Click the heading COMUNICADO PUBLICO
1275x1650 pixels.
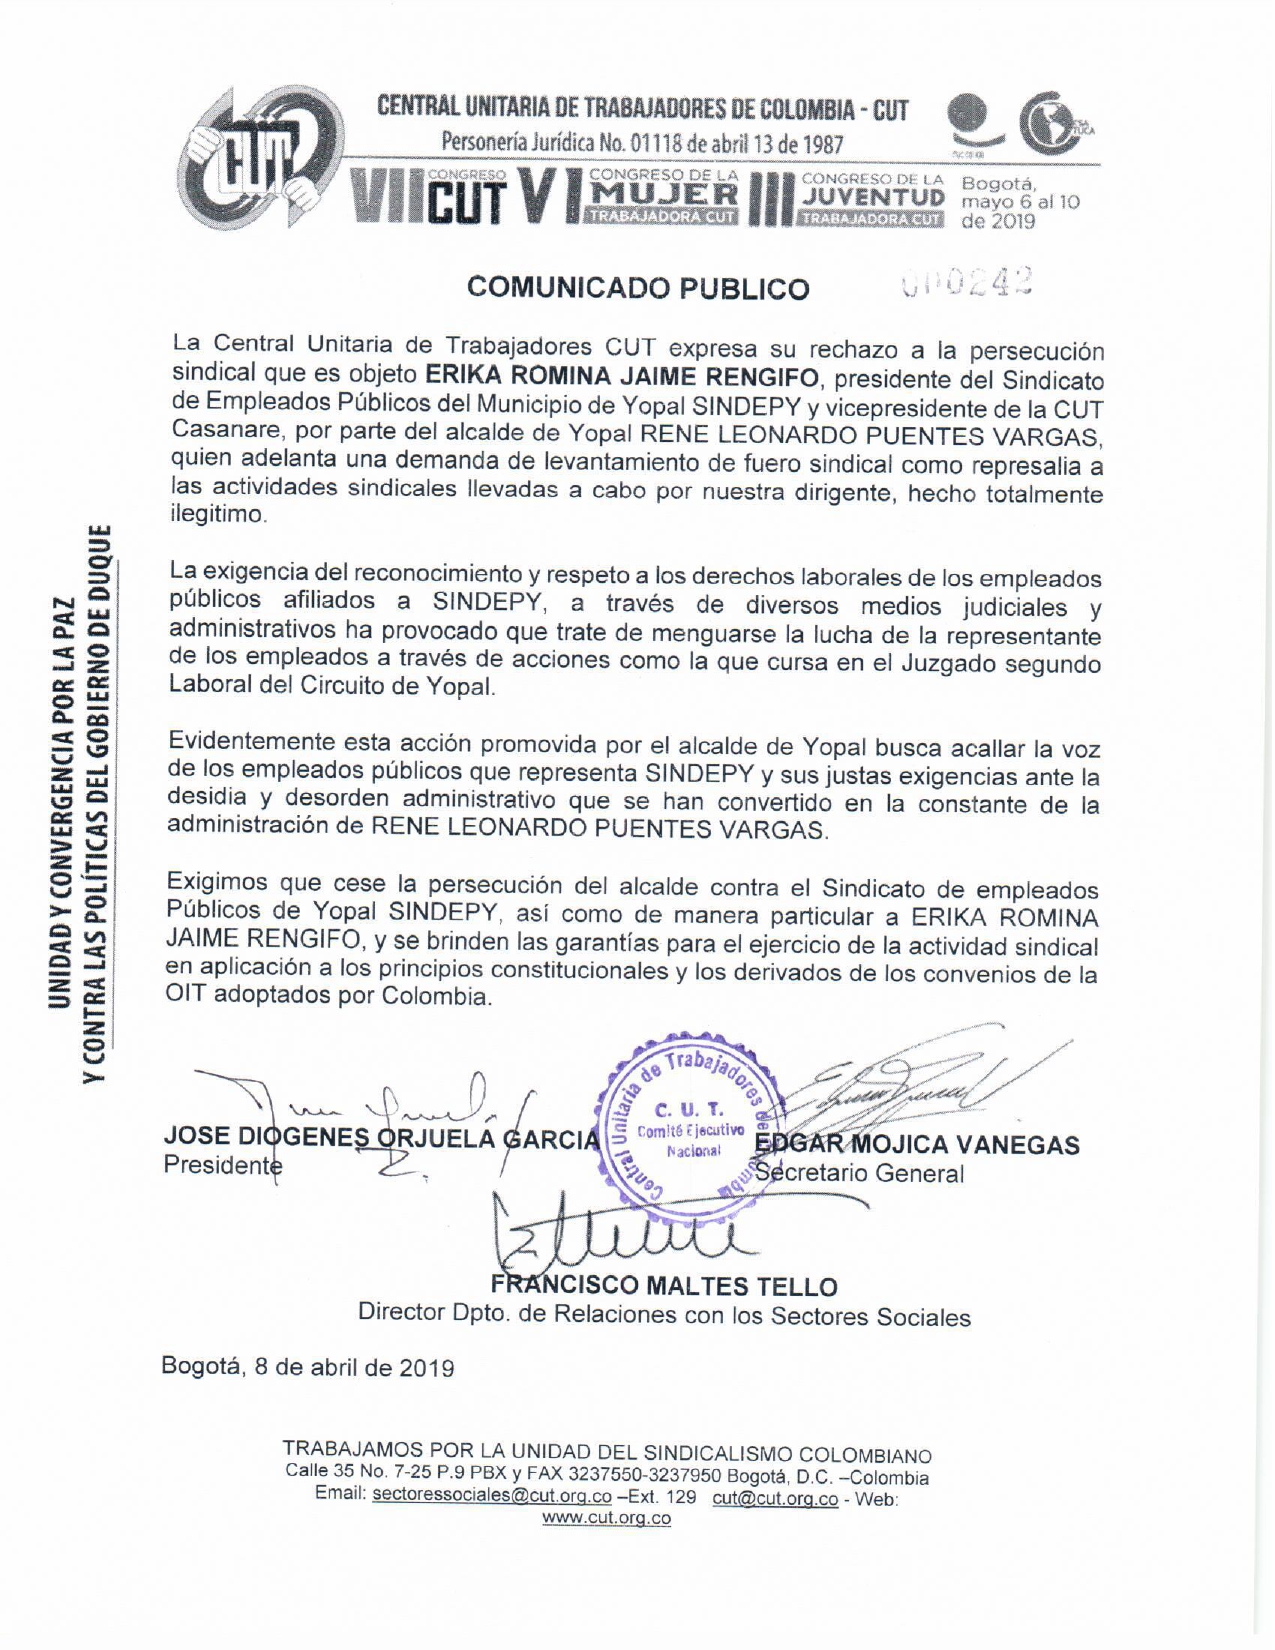point(638,288)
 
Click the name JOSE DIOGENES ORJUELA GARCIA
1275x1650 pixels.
point(381,1138)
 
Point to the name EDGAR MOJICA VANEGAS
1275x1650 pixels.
point(918,1145)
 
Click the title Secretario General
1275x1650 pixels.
point(860,1173)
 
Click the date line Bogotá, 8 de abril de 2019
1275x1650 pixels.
point(308,1367)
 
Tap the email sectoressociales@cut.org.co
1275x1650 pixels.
point(491,1497)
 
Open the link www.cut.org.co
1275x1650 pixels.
point(606,1518)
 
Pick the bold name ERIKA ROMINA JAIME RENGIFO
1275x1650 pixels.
point(623,377)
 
